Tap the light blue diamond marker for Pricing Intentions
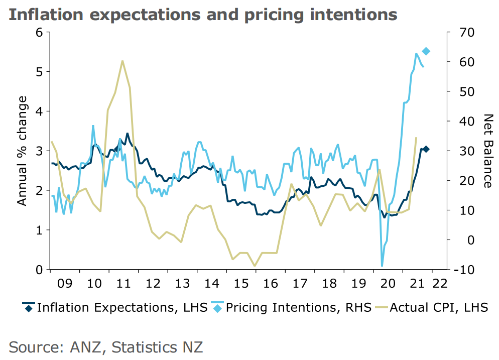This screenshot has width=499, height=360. click(426, 51)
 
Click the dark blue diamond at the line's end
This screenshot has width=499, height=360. click(426, 149)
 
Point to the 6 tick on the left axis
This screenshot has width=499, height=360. click(39, 32)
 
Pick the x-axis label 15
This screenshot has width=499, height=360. click(241, 284)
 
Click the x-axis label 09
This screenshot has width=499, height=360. click(65, 284)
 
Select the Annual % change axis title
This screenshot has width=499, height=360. click(22, 151)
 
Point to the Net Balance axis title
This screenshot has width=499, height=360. click(486, 151)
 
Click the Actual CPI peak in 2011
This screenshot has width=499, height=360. click(122, 61)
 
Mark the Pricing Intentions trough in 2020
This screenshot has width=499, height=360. click(382, 266)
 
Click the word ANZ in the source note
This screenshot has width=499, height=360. click(87, 346)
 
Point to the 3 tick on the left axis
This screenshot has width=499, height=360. click(39, 151)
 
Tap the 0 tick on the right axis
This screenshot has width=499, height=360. click(458, 240)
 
